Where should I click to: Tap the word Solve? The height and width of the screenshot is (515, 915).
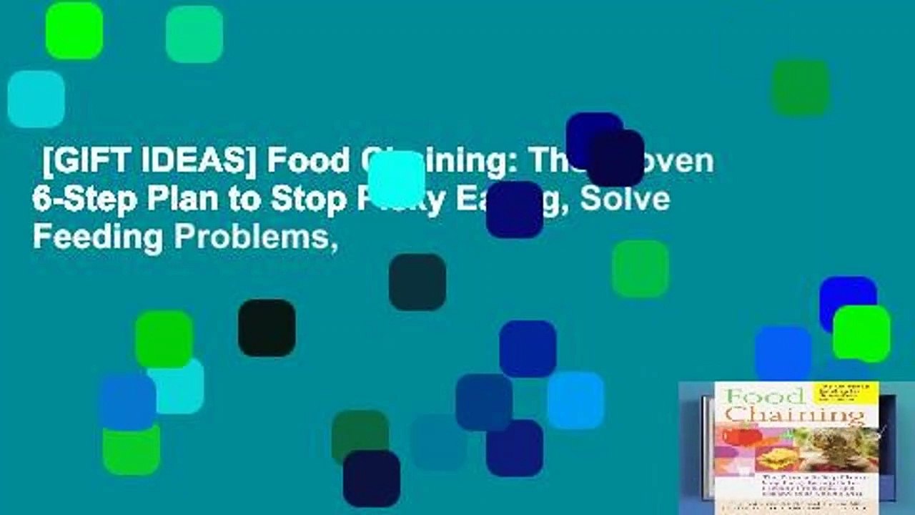tap(625, 200)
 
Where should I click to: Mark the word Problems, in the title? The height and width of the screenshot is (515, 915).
tap(254, 237)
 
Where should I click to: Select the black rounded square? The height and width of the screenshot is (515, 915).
tap(267, 328)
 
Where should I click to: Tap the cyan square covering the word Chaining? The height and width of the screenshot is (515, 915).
tap(397, 179)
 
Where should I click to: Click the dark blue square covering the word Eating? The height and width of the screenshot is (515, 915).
tap(515, 209)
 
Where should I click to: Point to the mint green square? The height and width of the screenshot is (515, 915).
tap(194, 34)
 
